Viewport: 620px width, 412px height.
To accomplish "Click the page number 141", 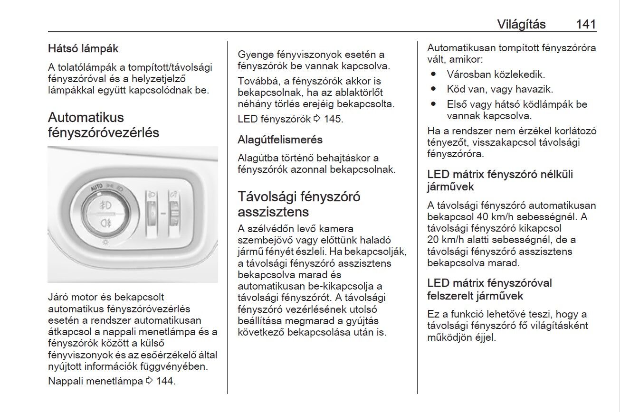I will (x=585, y=24).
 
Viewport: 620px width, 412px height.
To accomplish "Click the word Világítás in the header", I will (x=521, y=24).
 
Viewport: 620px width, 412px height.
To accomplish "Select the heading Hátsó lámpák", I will (x=83, y=48).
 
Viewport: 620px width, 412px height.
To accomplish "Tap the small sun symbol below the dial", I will (x=106, y=242).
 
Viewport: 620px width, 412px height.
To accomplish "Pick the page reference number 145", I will (x=333, y=119).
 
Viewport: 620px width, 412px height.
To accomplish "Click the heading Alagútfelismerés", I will (x=280, y=140).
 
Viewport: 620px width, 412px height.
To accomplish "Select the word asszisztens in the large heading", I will (x=273, y=211).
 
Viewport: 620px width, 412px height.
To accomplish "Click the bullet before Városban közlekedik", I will (x=433, y=75).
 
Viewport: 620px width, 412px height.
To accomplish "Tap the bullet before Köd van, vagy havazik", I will (x=433, y=89).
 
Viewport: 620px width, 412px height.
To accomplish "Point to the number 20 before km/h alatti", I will (x=433, y=240).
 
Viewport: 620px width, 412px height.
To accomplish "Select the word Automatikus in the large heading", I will (x=86, y=117).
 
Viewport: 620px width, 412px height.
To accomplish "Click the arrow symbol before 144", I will (x=149, y=381).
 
